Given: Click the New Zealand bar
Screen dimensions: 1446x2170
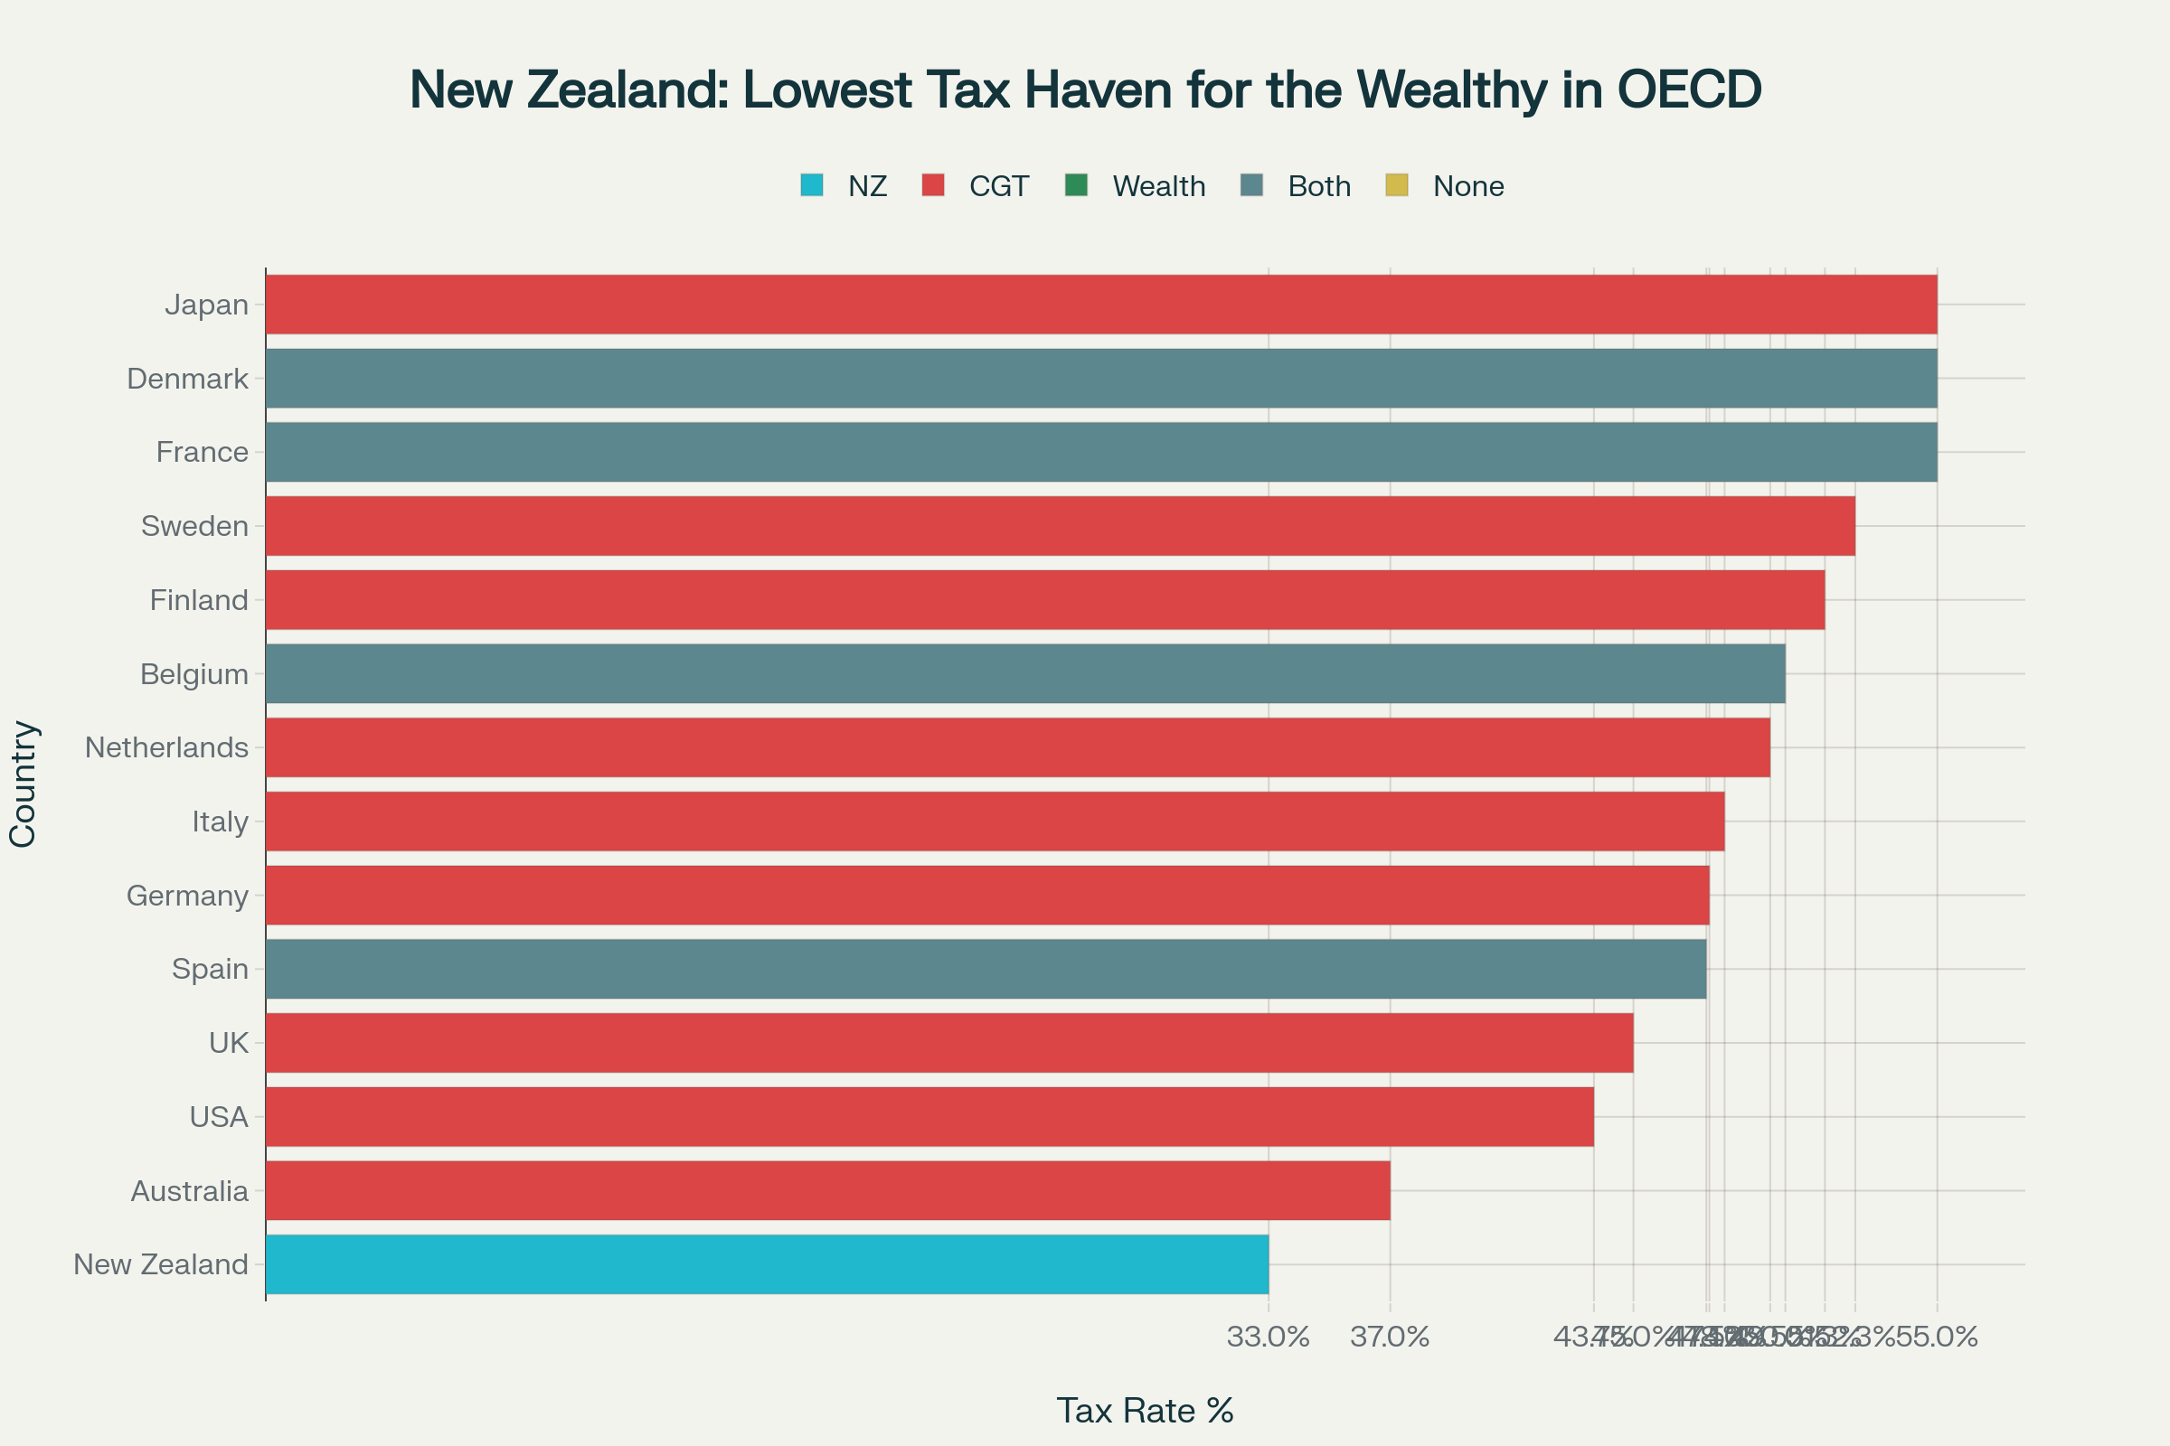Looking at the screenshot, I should pyautogui.click(x=766, y=1264).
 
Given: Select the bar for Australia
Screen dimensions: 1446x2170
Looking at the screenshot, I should pyautogui.click(x=827, y=1190).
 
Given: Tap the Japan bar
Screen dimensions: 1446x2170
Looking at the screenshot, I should pyautogui.click(x=1100, y=305).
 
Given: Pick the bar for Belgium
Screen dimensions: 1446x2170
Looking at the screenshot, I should pyautogui.click(x=1025, y=674).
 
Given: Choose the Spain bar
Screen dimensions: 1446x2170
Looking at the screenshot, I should pyautogui.click(x=986, y=969).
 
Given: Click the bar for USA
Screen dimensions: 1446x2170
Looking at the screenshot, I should pyautogui.click(x=929, y=1117).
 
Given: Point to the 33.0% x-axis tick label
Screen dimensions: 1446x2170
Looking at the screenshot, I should pyautogui.click(x=1268, y=1338).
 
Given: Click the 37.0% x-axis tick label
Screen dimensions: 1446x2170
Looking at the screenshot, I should pyautogui.click(x=1390, y=1338).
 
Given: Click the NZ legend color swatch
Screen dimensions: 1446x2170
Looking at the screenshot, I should pyautogui.click(x=812, y=185).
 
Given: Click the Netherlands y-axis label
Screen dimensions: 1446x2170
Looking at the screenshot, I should pyautogui.click(x=167, y=748).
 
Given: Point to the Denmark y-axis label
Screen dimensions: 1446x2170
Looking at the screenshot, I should pyautogui.click(x=187, y=379).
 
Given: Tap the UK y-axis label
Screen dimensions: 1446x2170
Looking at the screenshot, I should pyautogui.click(x=229, y=1043).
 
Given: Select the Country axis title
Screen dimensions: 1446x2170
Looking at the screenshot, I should pyautogui.click(x=24, y=784).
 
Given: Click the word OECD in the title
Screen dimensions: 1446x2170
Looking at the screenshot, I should pyautogui.click(x=1688, y=90).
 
